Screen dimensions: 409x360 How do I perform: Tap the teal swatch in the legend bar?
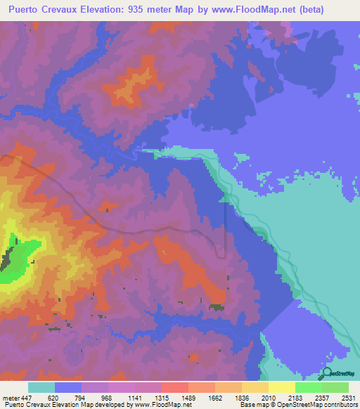click(41, 387)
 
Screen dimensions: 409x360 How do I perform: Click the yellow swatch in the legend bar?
click(281, 387)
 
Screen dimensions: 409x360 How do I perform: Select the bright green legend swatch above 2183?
click(308, 387)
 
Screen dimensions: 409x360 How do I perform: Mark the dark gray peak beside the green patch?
click(7, 261)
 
